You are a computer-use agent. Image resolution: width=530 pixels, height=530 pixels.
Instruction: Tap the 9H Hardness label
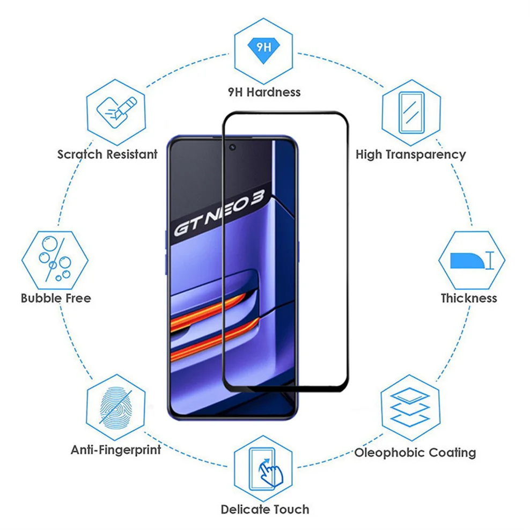tap(263, 92)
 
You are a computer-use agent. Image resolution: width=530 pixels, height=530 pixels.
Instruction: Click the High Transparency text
tap(411, 154)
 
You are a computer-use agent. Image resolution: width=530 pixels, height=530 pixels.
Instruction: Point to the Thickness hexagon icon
tap(471, 261)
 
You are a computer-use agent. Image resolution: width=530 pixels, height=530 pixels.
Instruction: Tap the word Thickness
tap(469, 298)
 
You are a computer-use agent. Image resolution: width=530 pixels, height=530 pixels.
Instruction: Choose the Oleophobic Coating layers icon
tap(410, 406)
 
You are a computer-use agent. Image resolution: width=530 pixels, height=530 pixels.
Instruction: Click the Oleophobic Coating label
tap(415, 453)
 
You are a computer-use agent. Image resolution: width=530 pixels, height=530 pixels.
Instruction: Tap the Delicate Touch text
tap(265, 509)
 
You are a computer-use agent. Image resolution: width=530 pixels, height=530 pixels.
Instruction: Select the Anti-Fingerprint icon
tap(116, 406)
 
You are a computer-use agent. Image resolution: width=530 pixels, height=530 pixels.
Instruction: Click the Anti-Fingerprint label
tap(116, 450)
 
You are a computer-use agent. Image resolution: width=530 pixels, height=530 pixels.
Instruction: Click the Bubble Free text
tap(56, 298)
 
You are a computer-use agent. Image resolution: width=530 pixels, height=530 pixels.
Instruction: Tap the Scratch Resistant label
tap(108, 154)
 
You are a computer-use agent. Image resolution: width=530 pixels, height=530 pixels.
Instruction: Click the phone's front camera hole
tap(232, 147)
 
